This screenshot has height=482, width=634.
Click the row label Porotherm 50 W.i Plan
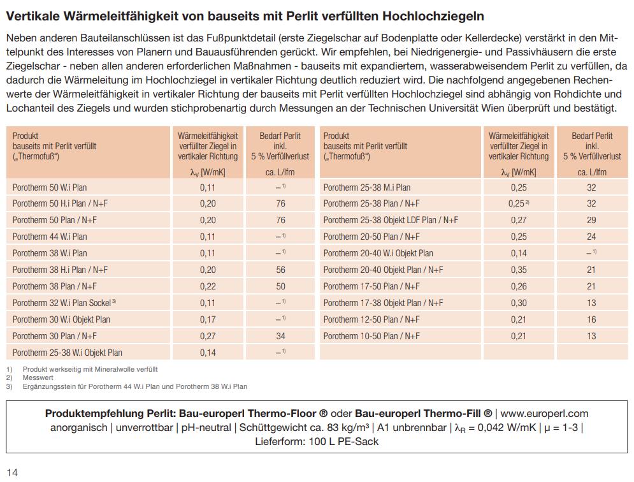point(49,187)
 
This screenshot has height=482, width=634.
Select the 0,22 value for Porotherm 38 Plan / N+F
point(208,286)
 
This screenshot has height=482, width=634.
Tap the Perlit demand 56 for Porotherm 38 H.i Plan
point(280,270)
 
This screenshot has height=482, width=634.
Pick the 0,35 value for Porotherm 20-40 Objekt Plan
point(519,270)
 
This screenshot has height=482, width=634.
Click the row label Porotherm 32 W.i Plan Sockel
point(64,303)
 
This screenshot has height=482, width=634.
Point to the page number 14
point(12,472)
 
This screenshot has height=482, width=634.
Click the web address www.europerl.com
point(544,413)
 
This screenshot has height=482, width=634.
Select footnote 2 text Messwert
point(38,377)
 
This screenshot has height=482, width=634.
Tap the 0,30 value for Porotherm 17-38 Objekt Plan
point(519,303)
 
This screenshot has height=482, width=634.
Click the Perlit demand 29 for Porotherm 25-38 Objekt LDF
point(591,220)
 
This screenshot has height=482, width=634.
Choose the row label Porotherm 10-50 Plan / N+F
point(371,336)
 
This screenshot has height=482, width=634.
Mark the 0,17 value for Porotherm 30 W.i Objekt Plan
point(208,319)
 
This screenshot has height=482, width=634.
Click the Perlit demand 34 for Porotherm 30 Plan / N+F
point(280,336)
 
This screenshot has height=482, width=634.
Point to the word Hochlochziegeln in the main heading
point(433,16)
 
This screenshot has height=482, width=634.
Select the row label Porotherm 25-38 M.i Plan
point(367,187)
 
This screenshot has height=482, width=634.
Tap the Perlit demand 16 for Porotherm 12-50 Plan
point(591,319)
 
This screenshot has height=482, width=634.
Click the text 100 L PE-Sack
point(343,441)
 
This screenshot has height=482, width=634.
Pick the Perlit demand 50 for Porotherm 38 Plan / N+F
point(280,286)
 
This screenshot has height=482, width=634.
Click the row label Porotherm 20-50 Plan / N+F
point(371,237)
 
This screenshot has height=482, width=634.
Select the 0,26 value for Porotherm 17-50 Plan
point(519,286)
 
